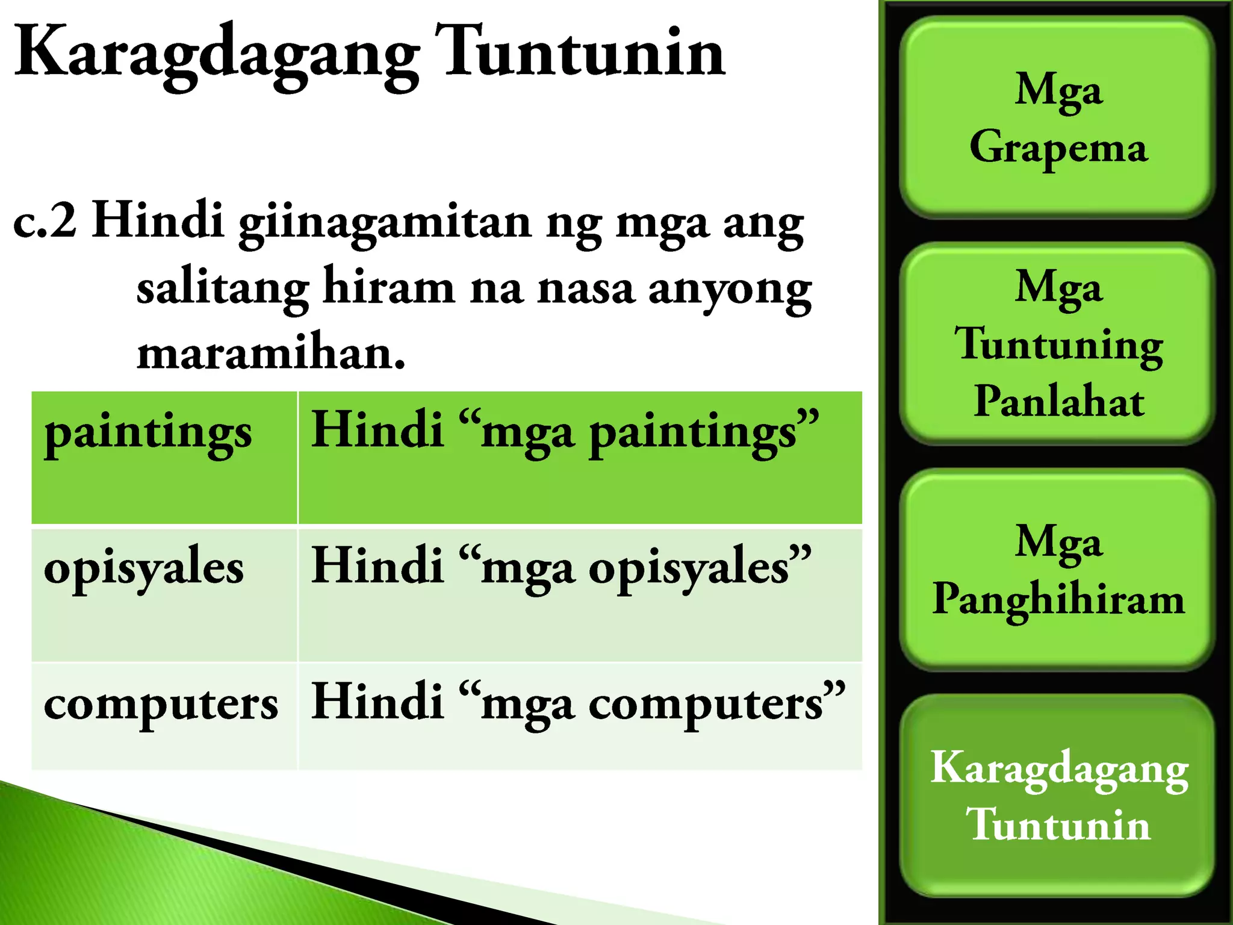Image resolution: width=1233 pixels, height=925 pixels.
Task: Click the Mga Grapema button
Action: (x=1057, y=117)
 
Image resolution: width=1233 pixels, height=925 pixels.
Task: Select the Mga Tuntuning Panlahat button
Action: (x=1057, y=343)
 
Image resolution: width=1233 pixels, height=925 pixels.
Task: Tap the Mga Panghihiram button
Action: (x=1057, y=569)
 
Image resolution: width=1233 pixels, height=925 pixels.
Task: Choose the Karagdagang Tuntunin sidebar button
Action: (x=1057, y=795)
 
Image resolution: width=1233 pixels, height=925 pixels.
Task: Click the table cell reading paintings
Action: (x=164, y=458)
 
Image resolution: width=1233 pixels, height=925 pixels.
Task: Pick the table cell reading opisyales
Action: (x=164, y=594)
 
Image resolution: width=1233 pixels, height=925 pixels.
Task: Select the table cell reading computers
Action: (x=164, y=715)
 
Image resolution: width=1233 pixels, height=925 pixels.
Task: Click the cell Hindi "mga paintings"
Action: (x=579, y=458)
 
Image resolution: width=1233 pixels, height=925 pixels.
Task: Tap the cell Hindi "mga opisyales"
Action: (x=579, y=594)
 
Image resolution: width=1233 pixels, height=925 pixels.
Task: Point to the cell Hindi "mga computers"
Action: (x=579, y=715)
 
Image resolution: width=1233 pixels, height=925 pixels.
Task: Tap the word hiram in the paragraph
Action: (x=388, y=288)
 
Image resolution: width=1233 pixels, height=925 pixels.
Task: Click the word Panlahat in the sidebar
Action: (x=1058, y=401)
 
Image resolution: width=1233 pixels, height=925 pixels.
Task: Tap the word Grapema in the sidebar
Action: (x=1058, y=148)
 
